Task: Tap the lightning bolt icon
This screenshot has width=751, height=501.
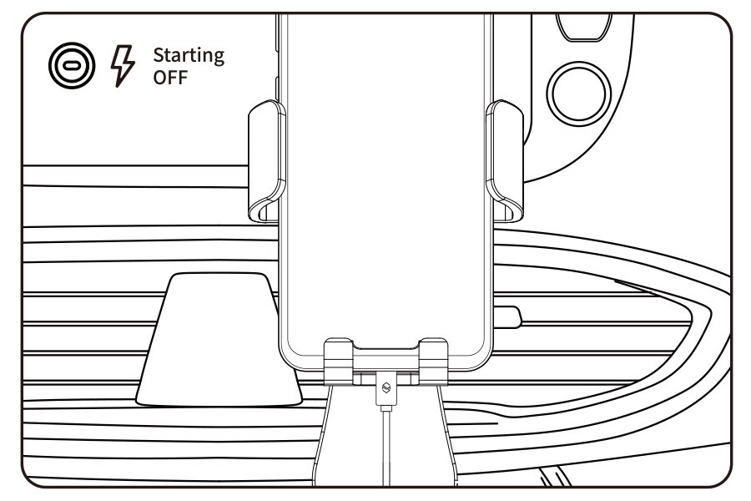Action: (123, 65)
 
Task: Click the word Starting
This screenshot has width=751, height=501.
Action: (188, 56)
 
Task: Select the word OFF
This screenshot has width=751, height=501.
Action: (170, 78)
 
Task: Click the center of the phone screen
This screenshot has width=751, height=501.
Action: (385, 184)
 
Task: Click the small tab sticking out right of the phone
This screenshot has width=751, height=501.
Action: (510, 316)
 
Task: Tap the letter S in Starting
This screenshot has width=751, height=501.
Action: (159, 56)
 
